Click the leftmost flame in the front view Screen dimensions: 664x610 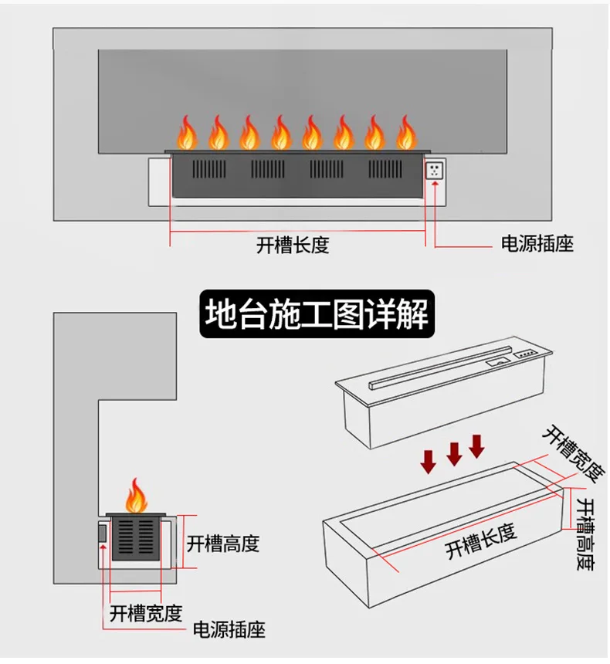[187, 133]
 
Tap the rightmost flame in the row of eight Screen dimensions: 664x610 [405, 133]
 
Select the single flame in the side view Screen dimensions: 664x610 [136, 496]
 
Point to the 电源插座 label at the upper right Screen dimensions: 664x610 [537, 245]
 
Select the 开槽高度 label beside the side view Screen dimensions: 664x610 [223, 544]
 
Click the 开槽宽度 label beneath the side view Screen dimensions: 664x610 [146, 614]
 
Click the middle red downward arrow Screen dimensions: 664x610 [454, 453]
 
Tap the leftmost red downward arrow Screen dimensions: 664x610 [428, 461]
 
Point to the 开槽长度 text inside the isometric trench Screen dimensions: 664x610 [480, 540]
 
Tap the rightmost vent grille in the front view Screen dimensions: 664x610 [385, 171]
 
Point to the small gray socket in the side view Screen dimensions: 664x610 [102, 533]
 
